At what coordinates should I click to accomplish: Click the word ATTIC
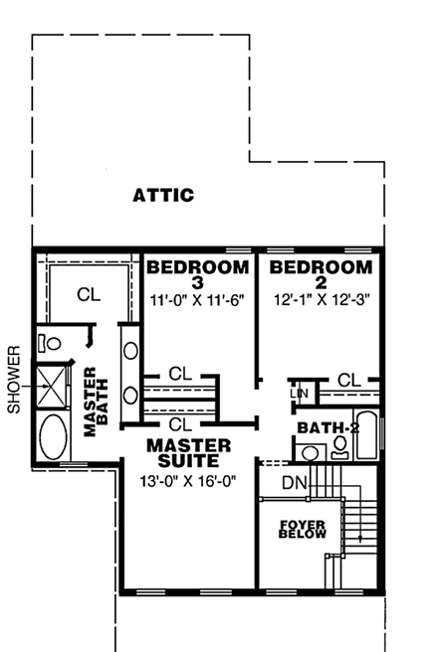point(163,195)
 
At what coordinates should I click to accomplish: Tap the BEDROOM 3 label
point(197,275)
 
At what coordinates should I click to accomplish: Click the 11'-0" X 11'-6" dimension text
point(197,299)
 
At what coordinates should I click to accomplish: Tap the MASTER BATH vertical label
point(96,403)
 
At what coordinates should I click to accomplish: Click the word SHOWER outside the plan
point(14,380)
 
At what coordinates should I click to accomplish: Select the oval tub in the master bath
point(53,436)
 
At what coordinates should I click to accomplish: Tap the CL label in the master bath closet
point(89,295)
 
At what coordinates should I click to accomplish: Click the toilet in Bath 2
point(339,448)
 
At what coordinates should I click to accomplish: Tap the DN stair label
point(294,482)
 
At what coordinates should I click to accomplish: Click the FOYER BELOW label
point(297,528)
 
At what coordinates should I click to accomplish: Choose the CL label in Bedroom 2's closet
point(347,380)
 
